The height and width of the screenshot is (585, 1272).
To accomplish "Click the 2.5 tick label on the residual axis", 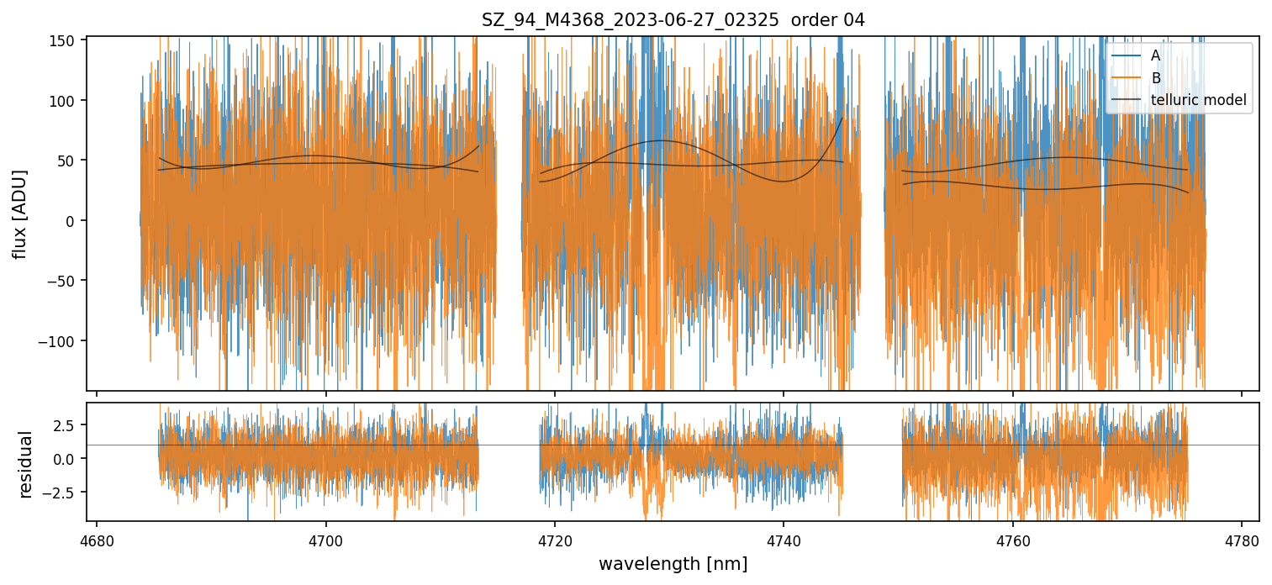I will coord(65,425).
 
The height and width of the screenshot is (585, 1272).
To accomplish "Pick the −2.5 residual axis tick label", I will coord(61,492).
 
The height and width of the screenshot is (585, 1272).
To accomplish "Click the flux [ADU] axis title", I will coord(20,213).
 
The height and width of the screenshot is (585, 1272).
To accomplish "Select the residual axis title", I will coord(26,464).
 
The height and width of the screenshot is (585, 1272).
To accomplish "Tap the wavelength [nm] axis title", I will coord(673,564).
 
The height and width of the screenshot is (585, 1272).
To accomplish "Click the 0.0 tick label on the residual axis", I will coord(65,459).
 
